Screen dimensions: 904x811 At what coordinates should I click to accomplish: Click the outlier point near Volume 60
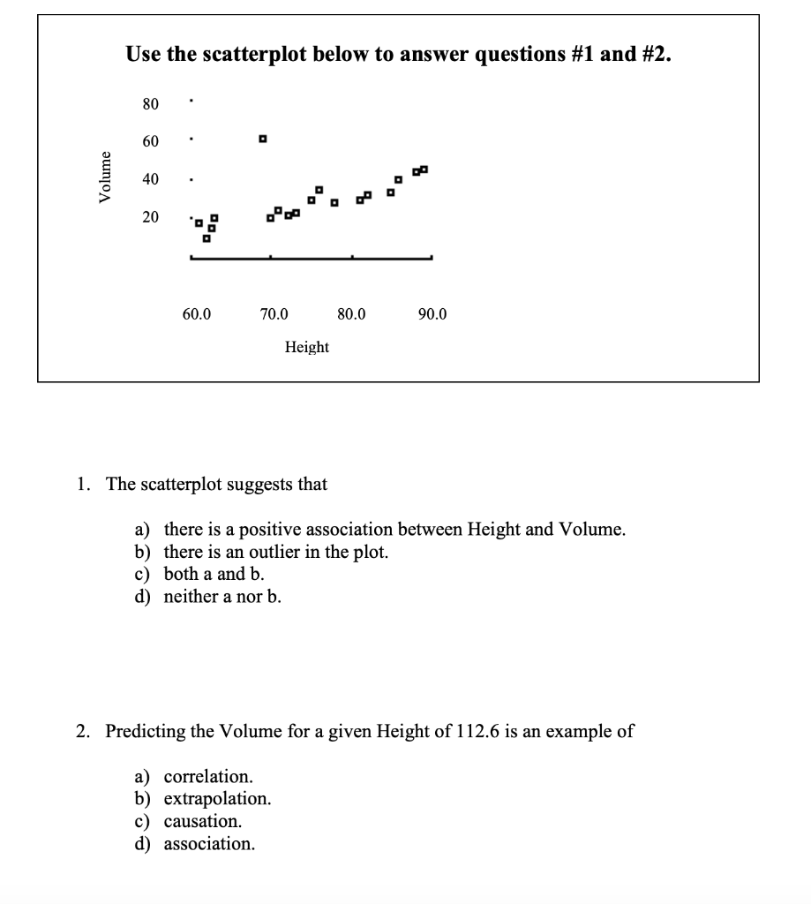(x=262, y=139)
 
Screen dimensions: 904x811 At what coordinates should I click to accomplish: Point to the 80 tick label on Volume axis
(x=150, y=104)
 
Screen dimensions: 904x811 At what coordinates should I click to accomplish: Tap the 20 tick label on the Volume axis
(x=150, y=216)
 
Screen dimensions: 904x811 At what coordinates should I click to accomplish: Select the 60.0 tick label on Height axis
(x=196, y=313)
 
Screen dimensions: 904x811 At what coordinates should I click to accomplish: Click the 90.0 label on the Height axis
(x=432, y=313)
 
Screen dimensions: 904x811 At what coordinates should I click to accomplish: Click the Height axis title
(x=306, y=347)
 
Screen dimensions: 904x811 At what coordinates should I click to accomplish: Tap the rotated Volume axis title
(x=107, y=177)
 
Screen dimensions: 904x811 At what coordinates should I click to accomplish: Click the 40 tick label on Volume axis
(x=150, y=178)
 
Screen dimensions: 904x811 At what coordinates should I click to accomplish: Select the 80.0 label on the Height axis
(x=352, y=313)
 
